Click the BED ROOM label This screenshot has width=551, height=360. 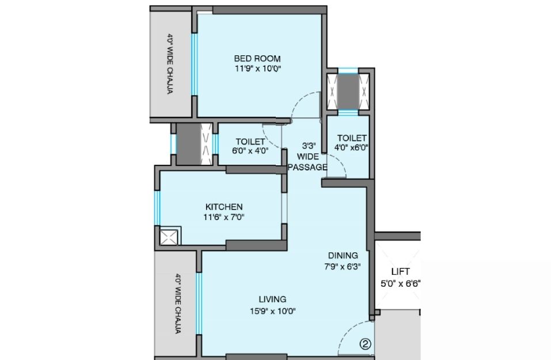coord(257,58)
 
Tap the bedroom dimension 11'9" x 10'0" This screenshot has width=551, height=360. coord(258,68)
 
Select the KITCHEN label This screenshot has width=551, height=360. coord(224,207)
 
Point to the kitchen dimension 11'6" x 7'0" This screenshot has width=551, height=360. coord(224,217)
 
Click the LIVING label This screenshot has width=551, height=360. coord(272,299)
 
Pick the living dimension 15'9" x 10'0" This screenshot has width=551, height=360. coord(273,311)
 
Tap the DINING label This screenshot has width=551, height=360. coord(343,256)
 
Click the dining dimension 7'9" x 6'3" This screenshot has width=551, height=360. coord(343,267)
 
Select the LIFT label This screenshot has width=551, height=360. coord(400,272)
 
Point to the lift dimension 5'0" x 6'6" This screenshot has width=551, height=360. coord(401,283)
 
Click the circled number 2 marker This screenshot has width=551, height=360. coord(366,343)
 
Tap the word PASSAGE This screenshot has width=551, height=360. coord(307,167)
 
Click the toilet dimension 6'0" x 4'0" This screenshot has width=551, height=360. coord(250,151)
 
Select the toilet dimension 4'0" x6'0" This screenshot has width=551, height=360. coord(351,147)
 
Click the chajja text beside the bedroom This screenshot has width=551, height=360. coord(170,63)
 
